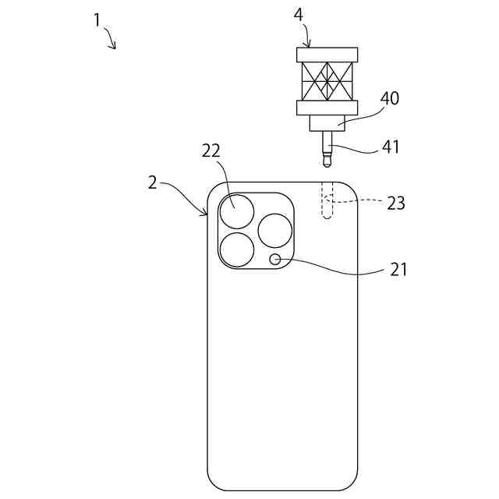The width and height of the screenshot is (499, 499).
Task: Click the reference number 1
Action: pyautogui.click(x=97, y=20)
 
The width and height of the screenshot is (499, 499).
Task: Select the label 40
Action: pyautogui.click(x=389, y=98)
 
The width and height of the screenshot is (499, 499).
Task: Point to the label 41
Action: pyautogui.click(x=390, y=146)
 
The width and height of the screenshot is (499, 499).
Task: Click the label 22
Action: pyautogui.click(x=211, y=151)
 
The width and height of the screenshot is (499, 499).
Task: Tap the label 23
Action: pyautogui.click(x=396, y=203)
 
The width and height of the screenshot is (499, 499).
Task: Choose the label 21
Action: pyautogui.click(x=398, y=270)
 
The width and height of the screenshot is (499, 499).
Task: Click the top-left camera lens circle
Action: pyautogui.click(x=237, y=212)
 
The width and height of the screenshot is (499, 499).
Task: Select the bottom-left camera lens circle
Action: pyautogui.click(x=237, y=250)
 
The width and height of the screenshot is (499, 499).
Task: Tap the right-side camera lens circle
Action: pyautogui.click(x=274, y=231)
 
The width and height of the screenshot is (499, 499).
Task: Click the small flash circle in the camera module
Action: pyautogui.click(x=275, y=260)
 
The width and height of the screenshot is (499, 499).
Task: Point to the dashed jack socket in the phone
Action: pyautogui.click(x=328, y=202)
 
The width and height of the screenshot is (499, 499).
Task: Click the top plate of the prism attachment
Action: pyautogui.click(x=327, y=55)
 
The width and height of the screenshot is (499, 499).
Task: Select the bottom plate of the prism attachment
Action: pyautogui.click(x=327, y=108)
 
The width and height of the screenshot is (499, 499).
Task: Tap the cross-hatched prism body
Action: pyautogui.click(x=327, y=81)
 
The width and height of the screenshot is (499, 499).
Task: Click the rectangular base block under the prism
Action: pyautogui.click(x=327, y=123)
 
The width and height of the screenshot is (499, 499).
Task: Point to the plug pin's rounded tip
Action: pyautogui.click(x=327, y=163)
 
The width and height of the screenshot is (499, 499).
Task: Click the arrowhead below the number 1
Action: pyautogui.click(x=115, y=46)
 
